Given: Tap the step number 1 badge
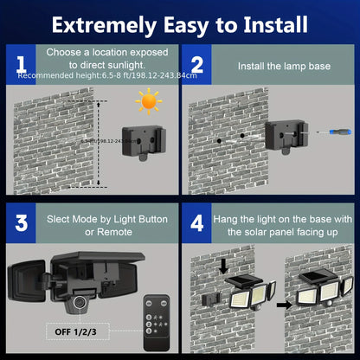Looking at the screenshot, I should (20, 66).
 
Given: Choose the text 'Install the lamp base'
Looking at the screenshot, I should (276, 67).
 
